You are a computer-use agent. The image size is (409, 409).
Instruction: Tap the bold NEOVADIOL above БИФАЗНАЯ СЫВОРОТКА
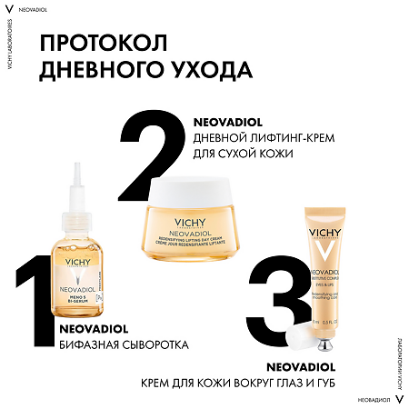89,329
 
